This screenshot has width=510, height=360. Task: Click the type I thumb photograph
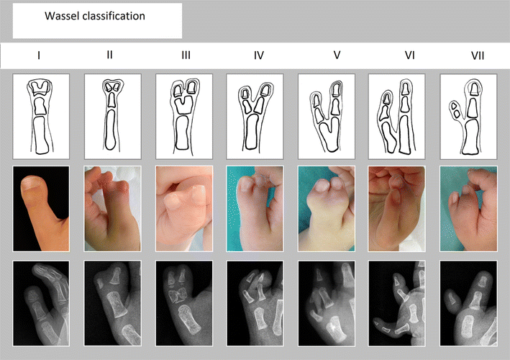(41, 209)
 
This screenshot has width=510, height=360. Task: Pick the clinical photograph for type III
(183, 209)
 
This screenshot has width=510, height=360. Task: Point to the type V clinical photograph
(326, 209)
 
